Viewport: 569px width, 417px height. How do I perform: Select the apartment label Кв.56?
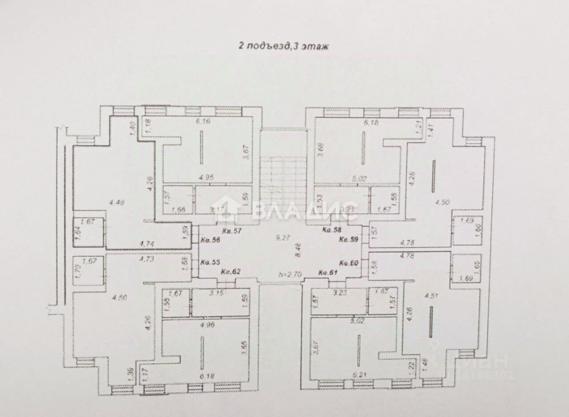point(209,240)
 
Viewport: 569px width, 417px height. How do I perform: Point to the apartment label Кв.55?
point(209,263)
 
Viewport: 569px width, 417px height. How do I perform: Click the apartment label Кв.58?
point(332,231)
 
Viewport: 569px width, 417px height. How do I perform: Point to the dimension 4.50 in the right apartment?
point(441,202)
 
